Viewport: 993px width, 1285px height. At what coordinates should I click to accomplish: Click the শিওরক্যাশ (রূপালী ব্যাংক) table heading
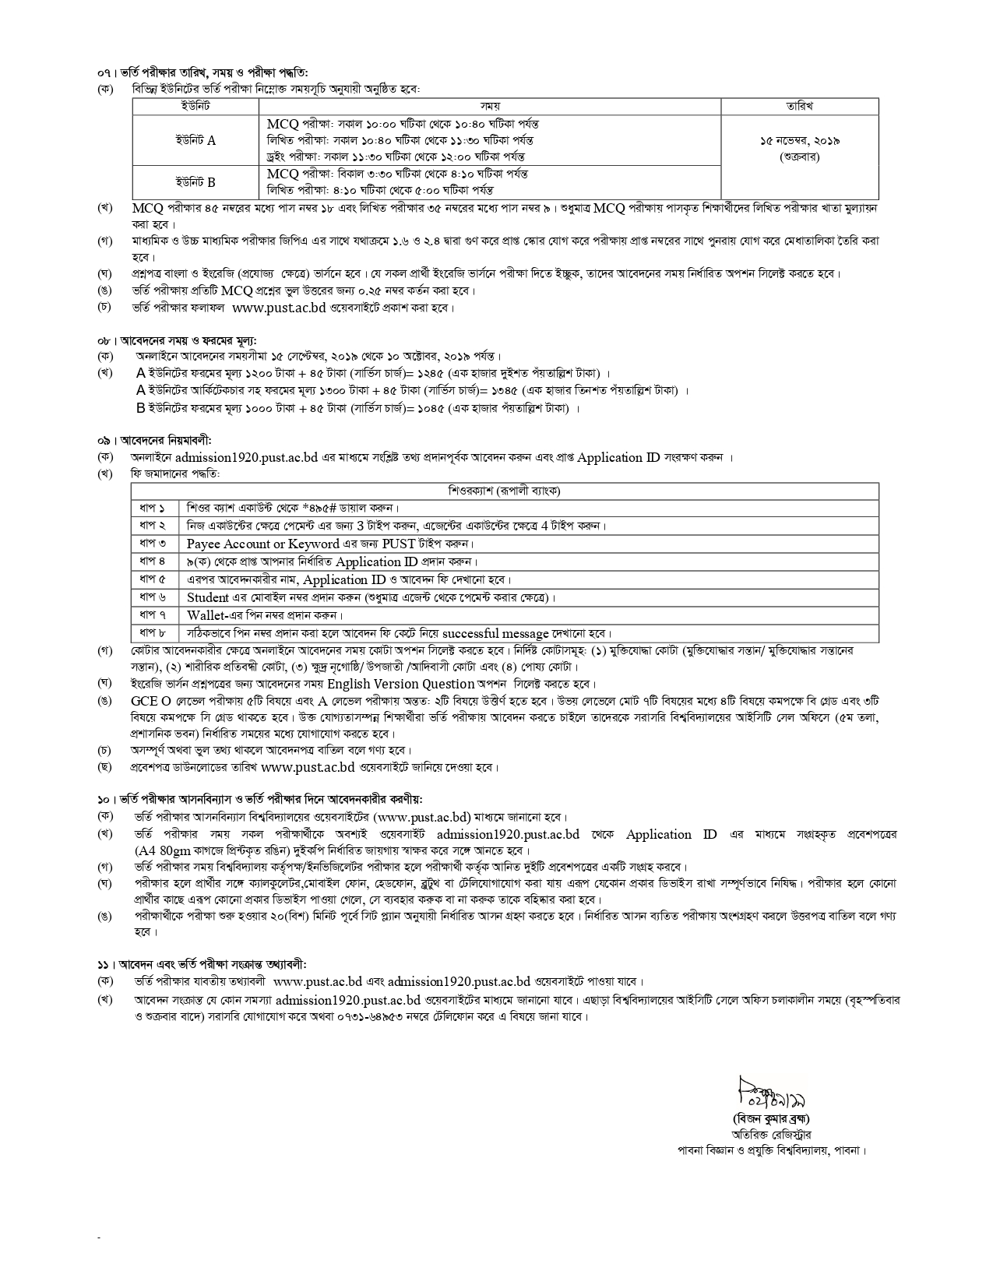[504, 491]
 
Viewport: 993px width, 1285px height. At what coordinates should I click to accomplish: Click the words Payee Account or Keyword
[263, 544]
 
